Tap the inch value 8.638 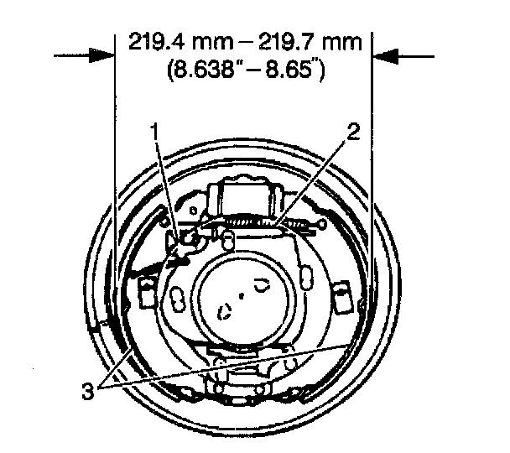coord(206,69)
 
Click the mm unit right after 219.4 coord(211,44)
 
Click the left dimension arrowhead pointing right coord(101,55)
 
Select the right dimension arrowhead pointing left coord(385,56)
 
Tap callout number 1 coord(155,131)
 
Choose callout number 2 coord(353,132)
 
